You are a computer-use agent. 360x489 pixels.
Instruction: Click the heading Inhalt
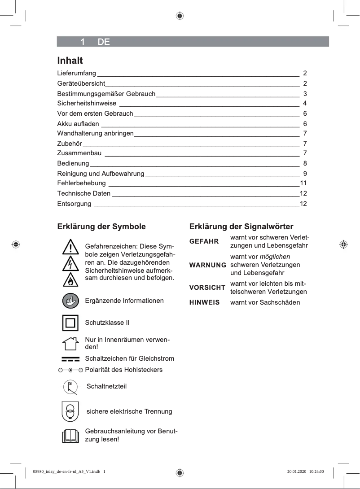(x=70, y=60)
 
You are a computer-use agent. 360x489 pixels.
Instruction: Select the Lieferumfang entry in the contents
(x=76, y=73)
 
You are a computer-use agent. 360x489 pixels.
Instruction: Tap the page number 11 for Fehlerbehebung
(x=303, y=183)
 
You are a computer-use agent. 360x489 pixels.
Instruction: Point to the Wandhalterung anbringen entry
(x=95, y=134)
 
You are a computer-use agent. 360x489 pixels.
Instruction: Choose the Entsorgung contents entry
(x=74, y=204)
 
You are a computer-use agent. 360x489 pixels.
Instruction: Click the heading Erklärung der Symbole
(x=101, y=227)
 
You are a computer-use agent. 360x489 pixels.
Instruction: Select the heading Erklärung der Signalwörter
(x=241, y=227)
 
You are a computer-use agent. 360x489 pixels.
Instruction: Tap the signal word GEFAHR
(x=204, y=241)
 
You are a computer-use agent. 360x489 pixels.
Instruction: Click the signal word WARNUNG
(x=207, y=265)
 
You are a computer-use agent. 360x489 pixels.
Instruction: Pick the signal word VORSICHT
(x=207, y=288)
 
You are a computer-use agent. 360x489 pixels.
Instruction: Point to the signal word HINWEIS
(x=204, y=303)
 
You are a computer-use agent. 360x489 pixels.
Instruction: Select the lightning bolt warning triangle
(x=70, y=264)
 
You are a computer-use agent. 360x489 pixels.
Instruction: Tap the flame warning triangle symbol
(x=70, y=280)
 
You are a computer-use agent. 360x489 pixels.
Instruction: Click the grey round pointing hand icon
(x=70, y=301)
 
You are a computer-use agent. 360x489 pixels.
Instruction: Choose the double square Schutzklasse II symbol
(x=70, y=323)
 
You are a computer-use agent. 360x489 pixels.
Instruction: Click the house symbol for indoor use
(x=70, y=344)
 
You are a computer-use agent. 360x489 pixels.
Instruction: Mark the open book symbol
(x=70, y=435)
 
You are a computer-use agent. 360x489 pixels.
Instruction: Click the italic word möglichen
(x=275, y=257)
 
